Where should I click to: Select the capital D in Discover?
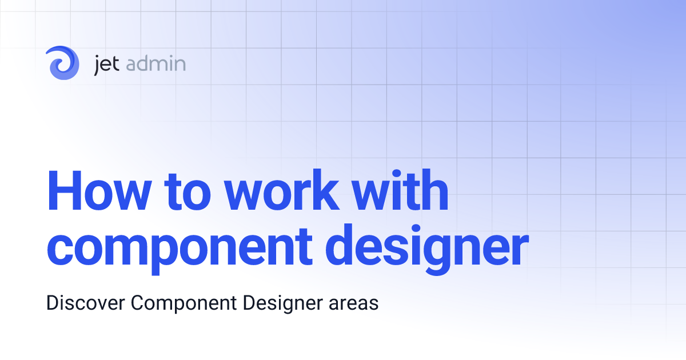click(x=52, y=303)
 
